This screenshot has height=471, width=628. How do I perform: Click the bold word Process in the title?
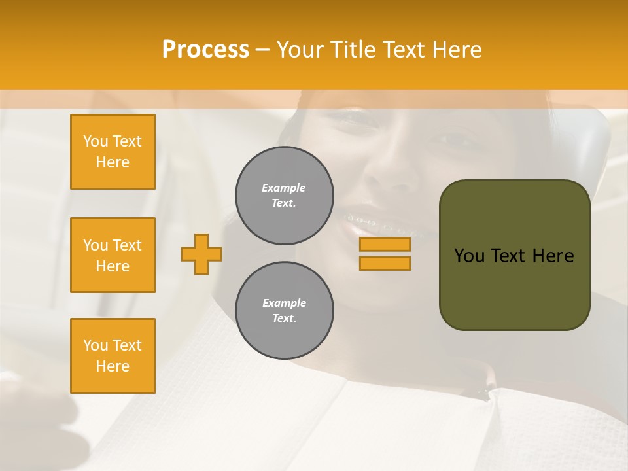(x=205, y=50)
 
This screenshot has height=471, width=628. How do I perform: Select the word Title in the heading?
(x=354, y=50)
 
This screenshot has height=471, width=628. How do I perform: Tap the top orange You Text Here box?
(x=113, y=152)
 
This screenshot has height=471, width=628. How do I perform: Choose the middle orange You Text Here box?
(x=113, y=255)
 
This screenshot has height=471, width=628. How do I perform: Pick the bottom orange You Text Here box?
(x=113, y=356)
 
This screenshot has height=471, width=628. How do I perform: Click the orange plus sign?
(x=201, y=254)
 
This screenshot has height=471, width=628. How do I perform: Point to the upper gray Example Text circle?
(x=284, y=196)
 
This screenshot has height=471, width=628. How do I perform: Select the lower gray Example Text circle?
(x=284, y=311)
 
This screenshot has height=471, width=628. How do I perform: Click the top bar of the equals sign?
(x=385, y=245)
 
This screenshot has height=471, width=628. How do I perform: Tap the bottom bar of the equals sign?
(x=385, y=263)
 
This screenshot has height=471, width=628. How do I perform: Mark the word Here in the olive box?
(x=553, y=256)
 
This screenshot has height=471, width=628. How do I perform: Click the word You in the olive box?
(x=470, y=256)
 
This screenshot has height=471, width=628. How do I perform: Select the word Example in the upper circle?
(x=284, y=188)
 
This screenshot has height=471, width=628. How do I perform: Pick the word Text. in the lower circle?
(x=284, y=319)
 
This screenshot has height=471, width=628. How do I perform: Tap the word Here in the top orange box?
(x=113, y=162)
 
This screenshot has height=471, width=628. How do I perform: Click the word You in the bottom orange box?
(x=95, y=345)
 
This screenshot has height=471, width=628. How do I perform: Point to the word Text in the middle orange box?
(x=126, y=245)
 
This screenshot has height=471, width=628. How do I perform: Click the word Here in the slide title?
(x=457, y=50)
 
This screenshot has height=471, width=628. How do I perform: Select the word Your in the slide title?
(x=299, y=50)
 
